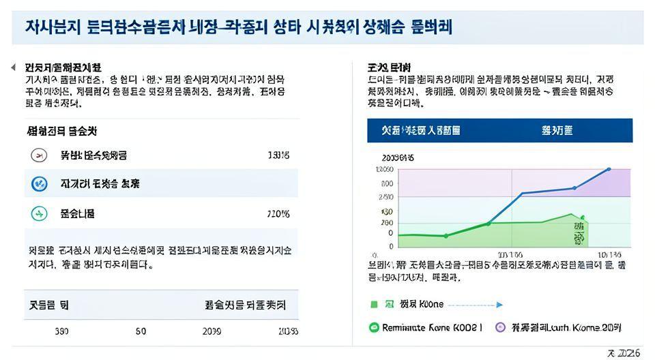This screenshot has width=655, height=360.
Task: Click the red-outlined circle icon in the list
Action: pos(40,155)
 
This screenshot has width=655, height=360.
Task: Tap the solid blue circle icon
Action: pos(40,184)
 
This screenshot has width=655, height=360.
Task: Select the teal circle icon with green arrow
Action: pos(40,213)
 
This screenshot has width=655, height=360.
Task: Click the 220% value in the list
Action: pos(278,214)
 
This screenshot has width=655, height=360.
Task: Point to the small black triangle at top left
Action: pos(13,67)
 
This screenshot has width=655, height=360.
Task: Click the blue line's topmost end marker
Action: pos(609,169)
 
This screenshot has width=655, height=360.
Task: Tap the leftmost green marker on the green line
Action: pos(446,236)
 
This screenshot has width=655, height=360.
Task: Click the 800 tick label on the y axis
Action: pos(387,183)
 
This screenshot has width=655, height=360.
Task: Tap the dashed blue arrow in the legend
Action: pos(476,305)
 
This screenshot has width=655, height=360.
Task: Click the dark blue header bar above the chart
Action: pos(499,130)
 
